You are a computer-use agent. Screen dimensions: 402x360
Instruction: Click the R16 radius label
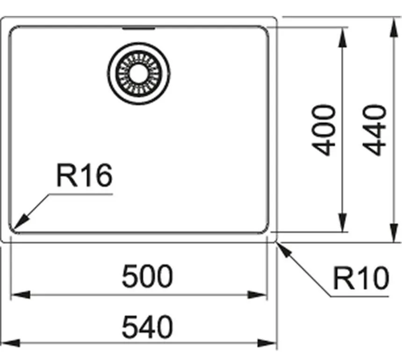(x=84, y=175)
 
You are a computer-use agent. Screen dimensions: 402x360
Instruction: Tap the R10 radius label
(x=361, y=278)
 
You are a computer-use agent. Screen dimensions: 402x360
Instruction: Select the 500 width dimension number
(x=147, y=276)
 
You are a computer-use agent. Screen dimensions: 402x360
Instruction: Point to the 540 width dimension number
(x=147, y=327)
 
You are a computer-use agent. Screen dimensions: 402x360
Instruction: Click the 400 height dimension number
(x=323, y=130)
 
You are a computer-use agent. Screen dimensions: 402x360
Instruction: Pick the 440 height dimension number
(x=374, y=130)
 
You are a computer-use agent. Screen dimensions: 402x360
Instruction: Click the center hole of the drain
(x=139, y=74)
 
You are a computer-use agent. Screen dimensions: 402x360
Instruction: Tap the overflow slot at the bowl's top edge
(x=139, y=28)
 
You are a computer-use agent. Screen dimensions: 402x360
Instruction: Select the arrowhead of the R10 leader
(x=285, y=250)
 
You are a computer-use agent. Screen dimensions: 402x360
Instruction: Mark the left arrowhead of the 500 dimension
(x=21, y=295)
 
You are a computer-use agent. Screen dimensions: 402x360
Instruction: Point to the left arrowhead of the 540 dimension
(x=10, y=343)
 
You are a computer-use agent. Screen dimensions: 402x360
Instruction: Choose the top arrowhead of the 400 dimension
(x=343, y=37)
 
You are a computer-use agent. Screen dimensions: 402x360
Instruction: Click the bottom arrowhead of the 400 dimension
(x=343, y=222)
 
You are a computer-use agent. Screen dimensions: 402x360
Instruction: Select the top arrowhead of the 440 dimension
(x=394, y=28)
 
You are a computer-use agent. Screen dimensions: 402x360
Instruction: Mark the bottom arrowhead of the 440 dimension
(x=394, y=232)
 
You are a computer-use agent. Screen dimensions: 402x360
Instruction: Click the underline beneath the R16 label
(x=81, y=194)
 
